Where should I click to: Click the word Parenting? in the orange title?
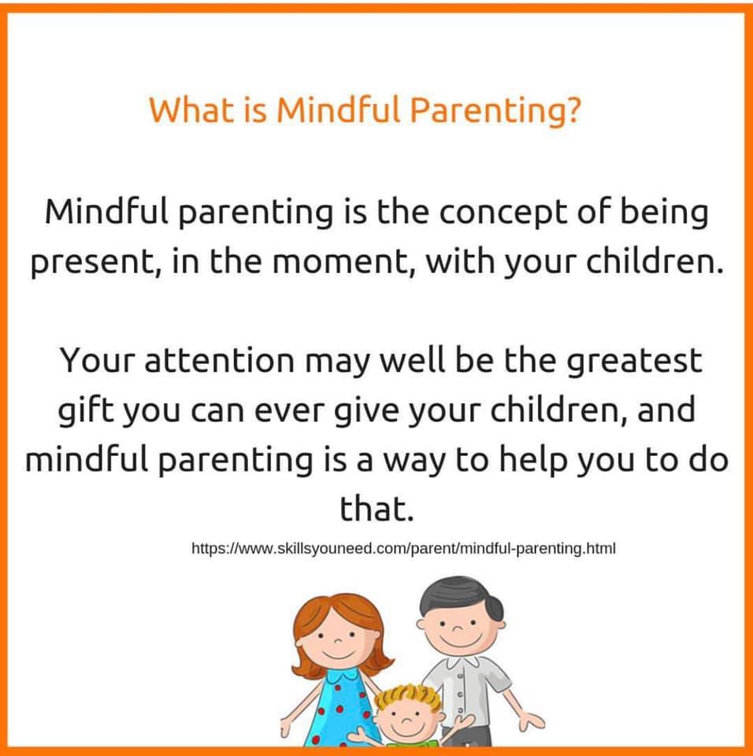pyautogui.click(x=495, y=110)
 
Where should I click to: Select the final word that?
pyautogui.click(x=376, y=508)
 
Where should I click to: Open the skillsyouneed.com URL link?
pyautogui.click(x=403, y=549)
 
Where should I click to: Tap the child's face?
pyautogui.click(x=408, y=721)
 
